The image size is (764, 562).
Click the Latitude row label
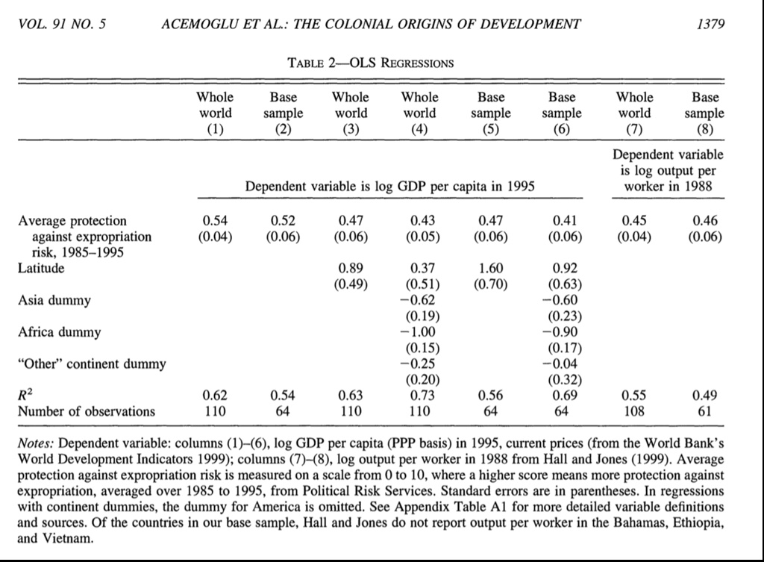41,268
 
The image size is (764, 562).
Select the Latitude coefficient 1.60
491,268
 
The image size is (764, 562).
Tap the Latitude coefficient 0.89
351,268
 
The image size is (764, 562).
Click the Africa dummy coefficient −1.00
420,331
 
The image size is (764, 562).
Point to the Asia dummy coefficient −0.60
562,300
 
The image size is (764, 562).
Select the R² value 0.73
420,395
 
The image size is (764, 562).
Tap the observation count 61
705,410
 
